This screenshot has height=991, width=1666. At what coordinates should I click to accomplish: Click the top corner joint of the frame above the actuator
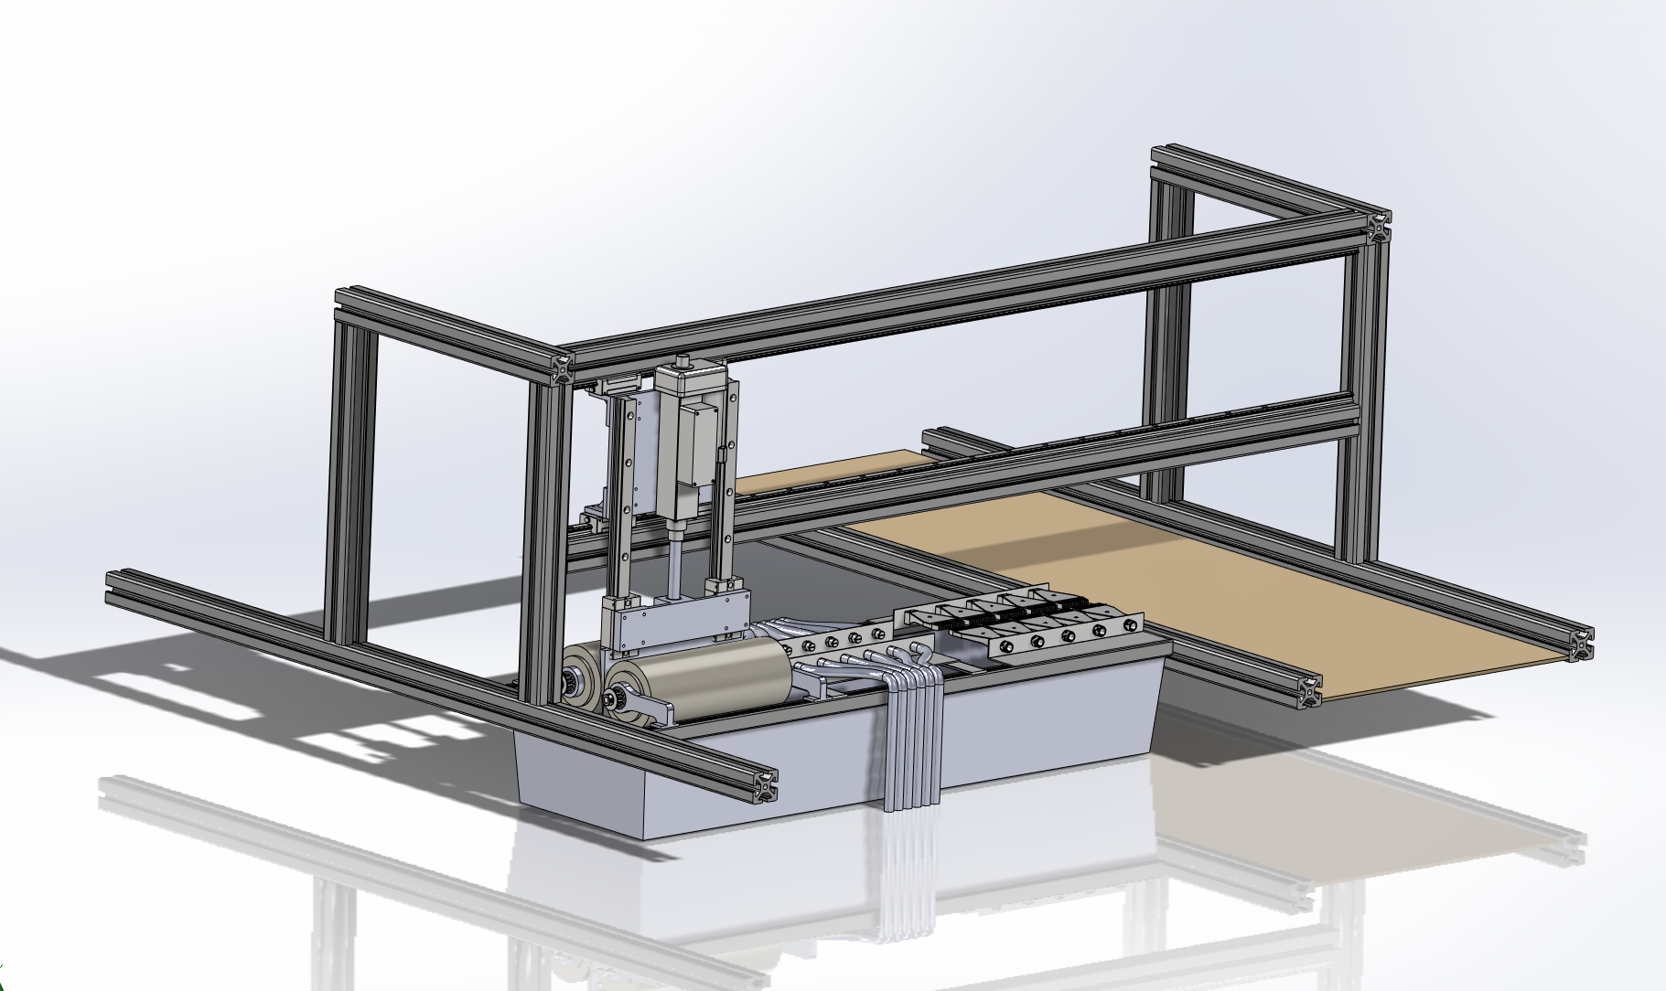pos(561,368)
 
